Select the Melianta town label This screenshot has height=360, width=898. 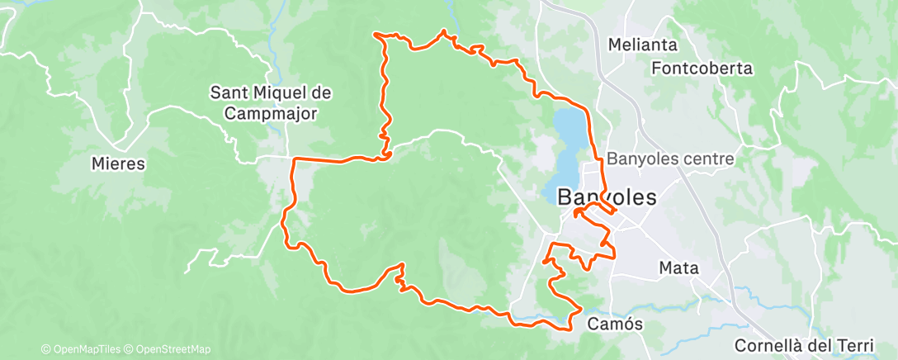pyautogui.click(x=642, y=45)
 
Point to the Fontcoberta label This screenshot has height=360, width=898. pyautogui.click(x=702, y=69)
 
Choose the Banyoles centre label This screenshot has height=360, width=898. pyautogui.click(x=669, y=158)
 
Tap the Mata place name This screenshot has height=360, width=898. pyautogui.click(x=679, y=268)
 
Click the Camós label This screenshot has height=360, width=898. pyautogui.click(x=614, y=324)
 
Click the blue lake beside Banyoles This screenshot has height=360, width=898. pyautogui.click(x=569, y=140)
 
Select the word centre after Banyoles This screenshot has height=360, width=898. pyautogui.click(x=707, y=158)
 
